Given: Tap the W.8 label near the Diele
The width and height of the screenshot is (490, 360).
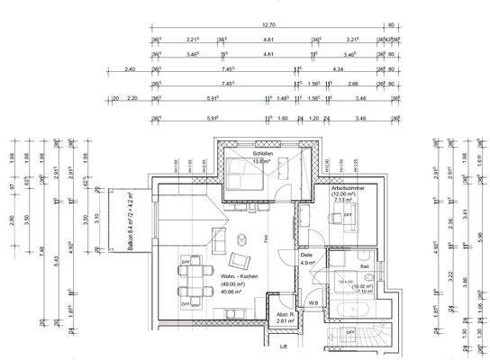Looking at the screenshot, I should tap(311, 303).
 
